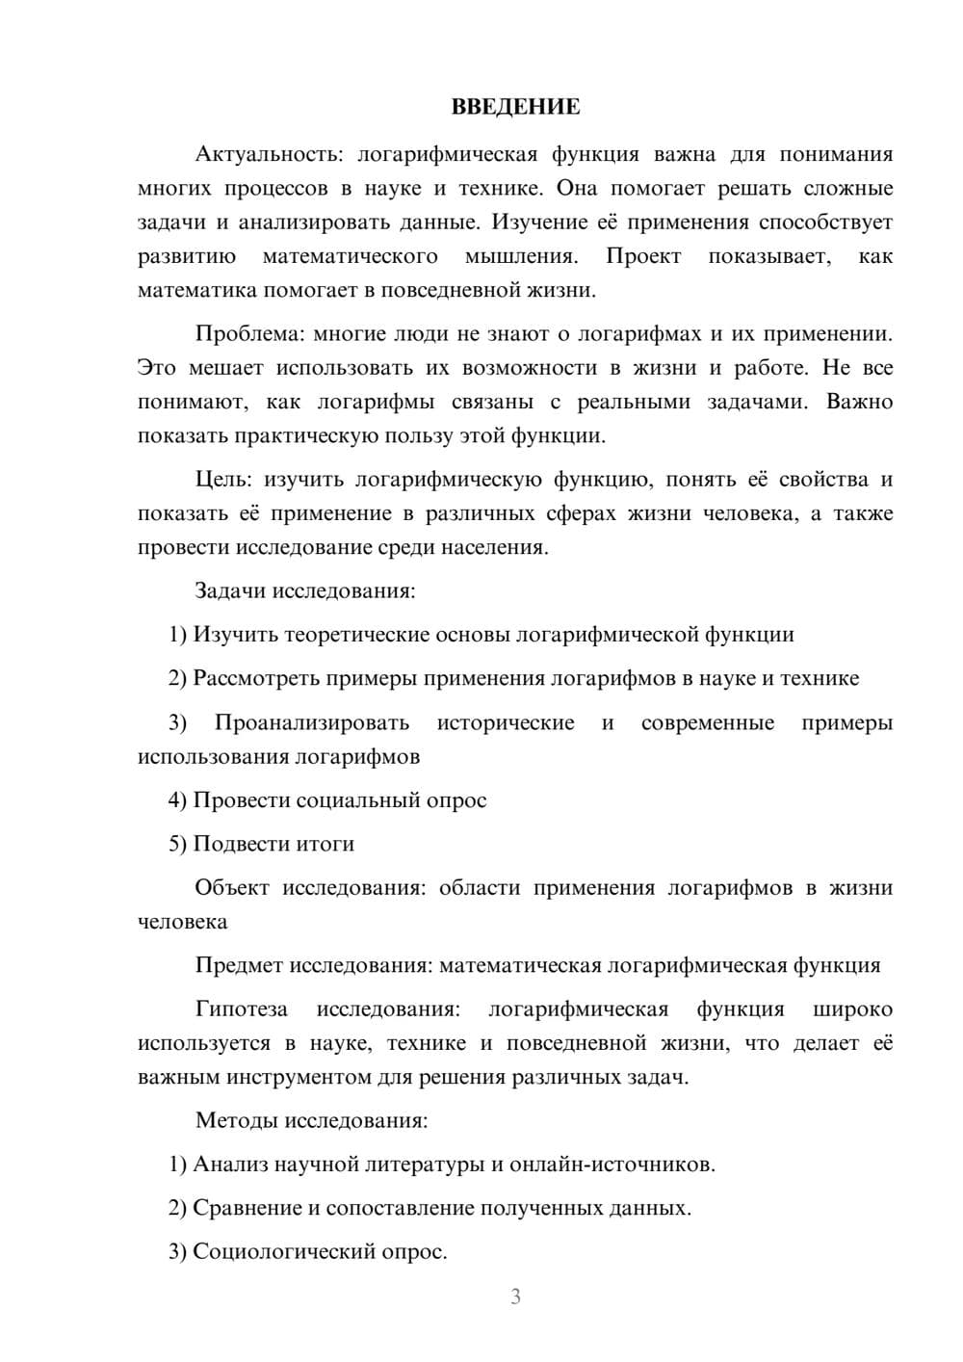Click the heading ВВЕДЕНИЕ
click(515, 107)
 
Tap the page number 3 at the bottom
click(515, 1297)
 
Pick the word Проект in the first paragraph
click(643, 256)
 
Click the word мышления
click(521, 256)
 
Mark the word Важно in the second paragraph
click(859, 402)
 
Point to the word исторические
click(506, 722)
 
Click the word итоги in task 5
click(325, 844)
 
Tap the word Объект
click(232, 888)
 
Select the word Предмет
click(240, 965)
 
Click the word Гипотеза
click(242, 1009)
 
